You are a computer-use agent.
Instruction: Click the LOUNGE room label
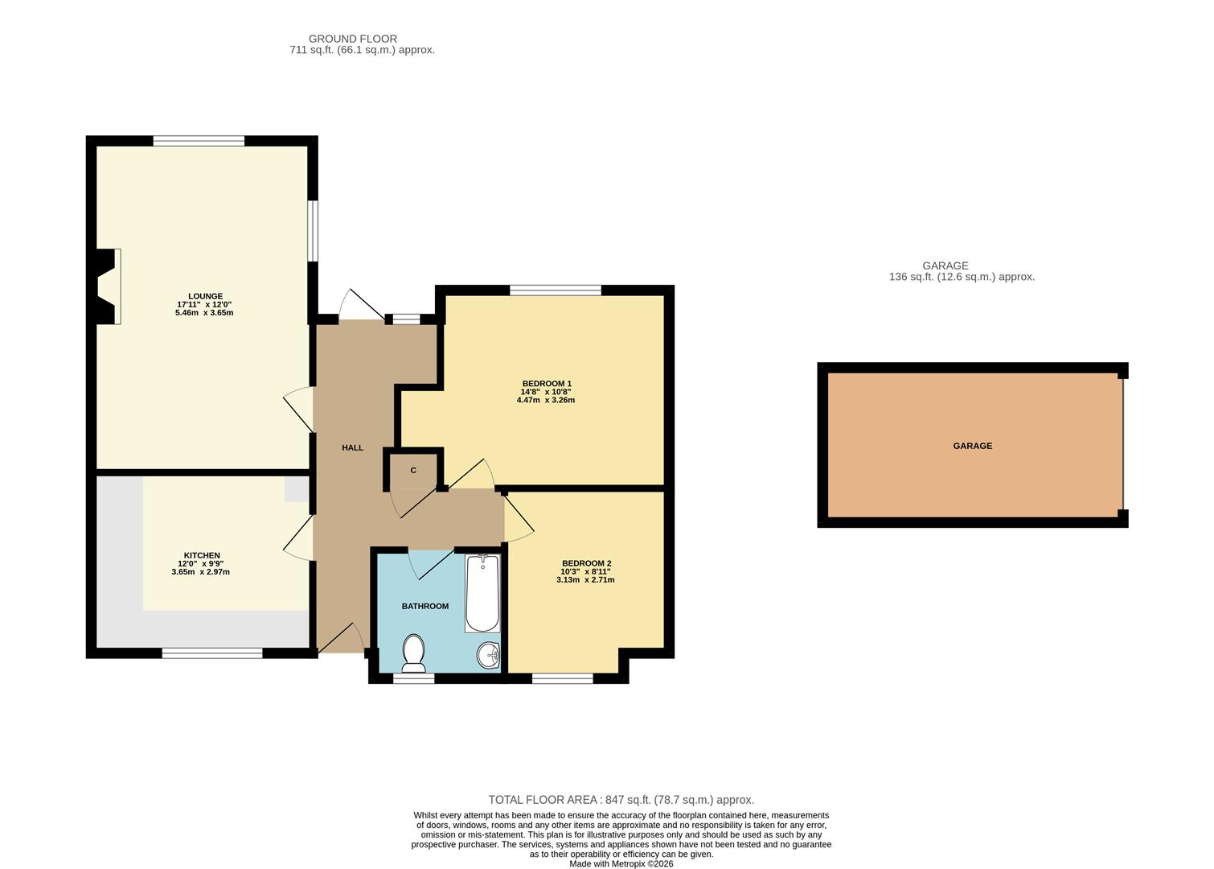pos(205,296)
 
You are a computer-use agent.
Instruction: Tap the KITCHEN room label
pos(202,555)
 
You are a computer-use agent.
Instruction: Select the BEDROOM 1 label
pos(547,383)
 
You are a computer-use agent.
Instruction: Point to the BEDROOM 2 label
pos(586,563)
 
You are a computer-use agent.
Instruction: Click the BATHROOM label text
pos(424,606)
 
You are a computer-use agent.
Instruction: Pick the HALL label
pos(352,447)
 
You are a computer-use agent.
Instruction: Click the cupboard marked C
pos(413,470)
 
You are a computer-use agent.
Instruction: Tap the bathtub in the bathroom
pos(482,594)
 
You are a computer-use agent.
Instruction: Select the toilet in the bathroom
pos(414,653)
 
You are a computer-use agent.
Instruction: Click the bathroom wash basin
pos(488,656)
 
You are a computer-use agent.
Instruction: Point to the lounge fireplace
pos(107,286)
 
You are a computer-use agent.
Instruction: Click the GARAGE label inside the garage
pos(972,446)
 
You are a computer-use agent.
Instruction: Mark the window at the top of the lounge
pos(199,141)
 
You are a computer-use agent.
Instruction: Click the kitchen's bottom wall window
pos(212,653)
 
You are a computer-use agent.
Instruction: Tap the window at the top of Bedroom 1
pos(556,290)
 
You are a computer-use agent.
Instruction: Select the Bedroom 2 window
pos(563,678)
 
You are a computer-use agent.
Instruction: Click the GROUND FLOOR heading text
pos(353,39)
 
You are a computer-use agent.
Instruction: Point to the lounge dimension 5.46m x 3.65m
pos(204,313)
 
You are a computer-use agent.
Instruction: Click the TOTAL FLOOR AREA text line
pos(621,800)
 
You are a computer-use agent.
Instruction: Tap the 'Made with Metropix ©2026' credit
pos(621,864)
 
